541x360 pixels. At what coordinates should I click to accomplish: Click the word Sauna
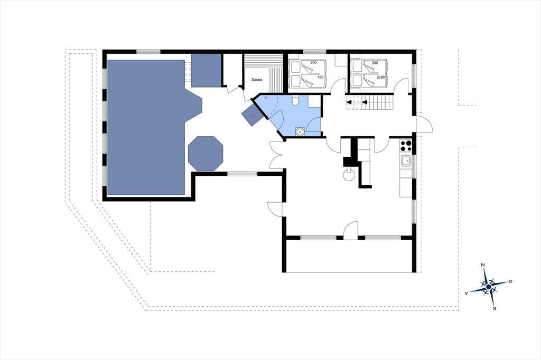point(257,80)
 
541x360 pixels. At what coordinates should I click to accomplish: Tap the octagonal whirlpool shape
point(206,154)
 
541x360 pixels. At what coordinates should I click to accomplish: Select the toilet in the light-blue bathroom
point(295,100)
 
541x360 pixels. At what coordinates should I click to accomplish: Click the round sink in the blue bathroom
point(300,131)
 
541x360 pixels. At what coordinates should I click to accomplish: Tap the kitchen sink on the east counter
point(406,160)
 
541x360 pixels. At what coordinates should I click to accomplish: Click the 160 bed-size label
point(321,77)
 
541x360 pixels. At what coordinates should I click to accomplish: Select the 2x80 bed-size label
point(380,77)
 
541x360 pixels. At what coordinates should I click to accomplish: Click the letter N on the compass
point(483,265)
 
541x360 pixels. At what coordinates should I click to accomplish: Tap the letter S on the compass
point(495,309)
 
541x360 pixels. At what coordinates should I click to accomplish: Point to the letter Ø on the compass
point(510,281)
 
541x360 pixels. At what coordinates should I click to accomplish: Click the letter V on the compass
point(467,293)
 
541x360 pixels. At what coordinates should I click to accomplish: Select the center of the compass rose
point(489,287)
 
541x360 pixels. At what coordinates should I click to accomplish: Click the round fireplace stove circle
point(349,175)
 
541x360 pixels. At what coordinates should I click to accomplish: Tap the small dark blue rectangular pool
point(206,70)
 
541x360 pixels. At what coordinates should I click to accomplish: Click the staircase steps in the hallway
point(376,102)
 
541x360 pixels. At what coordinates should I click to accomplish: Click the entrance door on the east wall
point(424,124)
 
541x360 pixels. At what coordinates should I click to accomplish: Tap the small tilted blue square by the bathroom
point(253,115)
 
